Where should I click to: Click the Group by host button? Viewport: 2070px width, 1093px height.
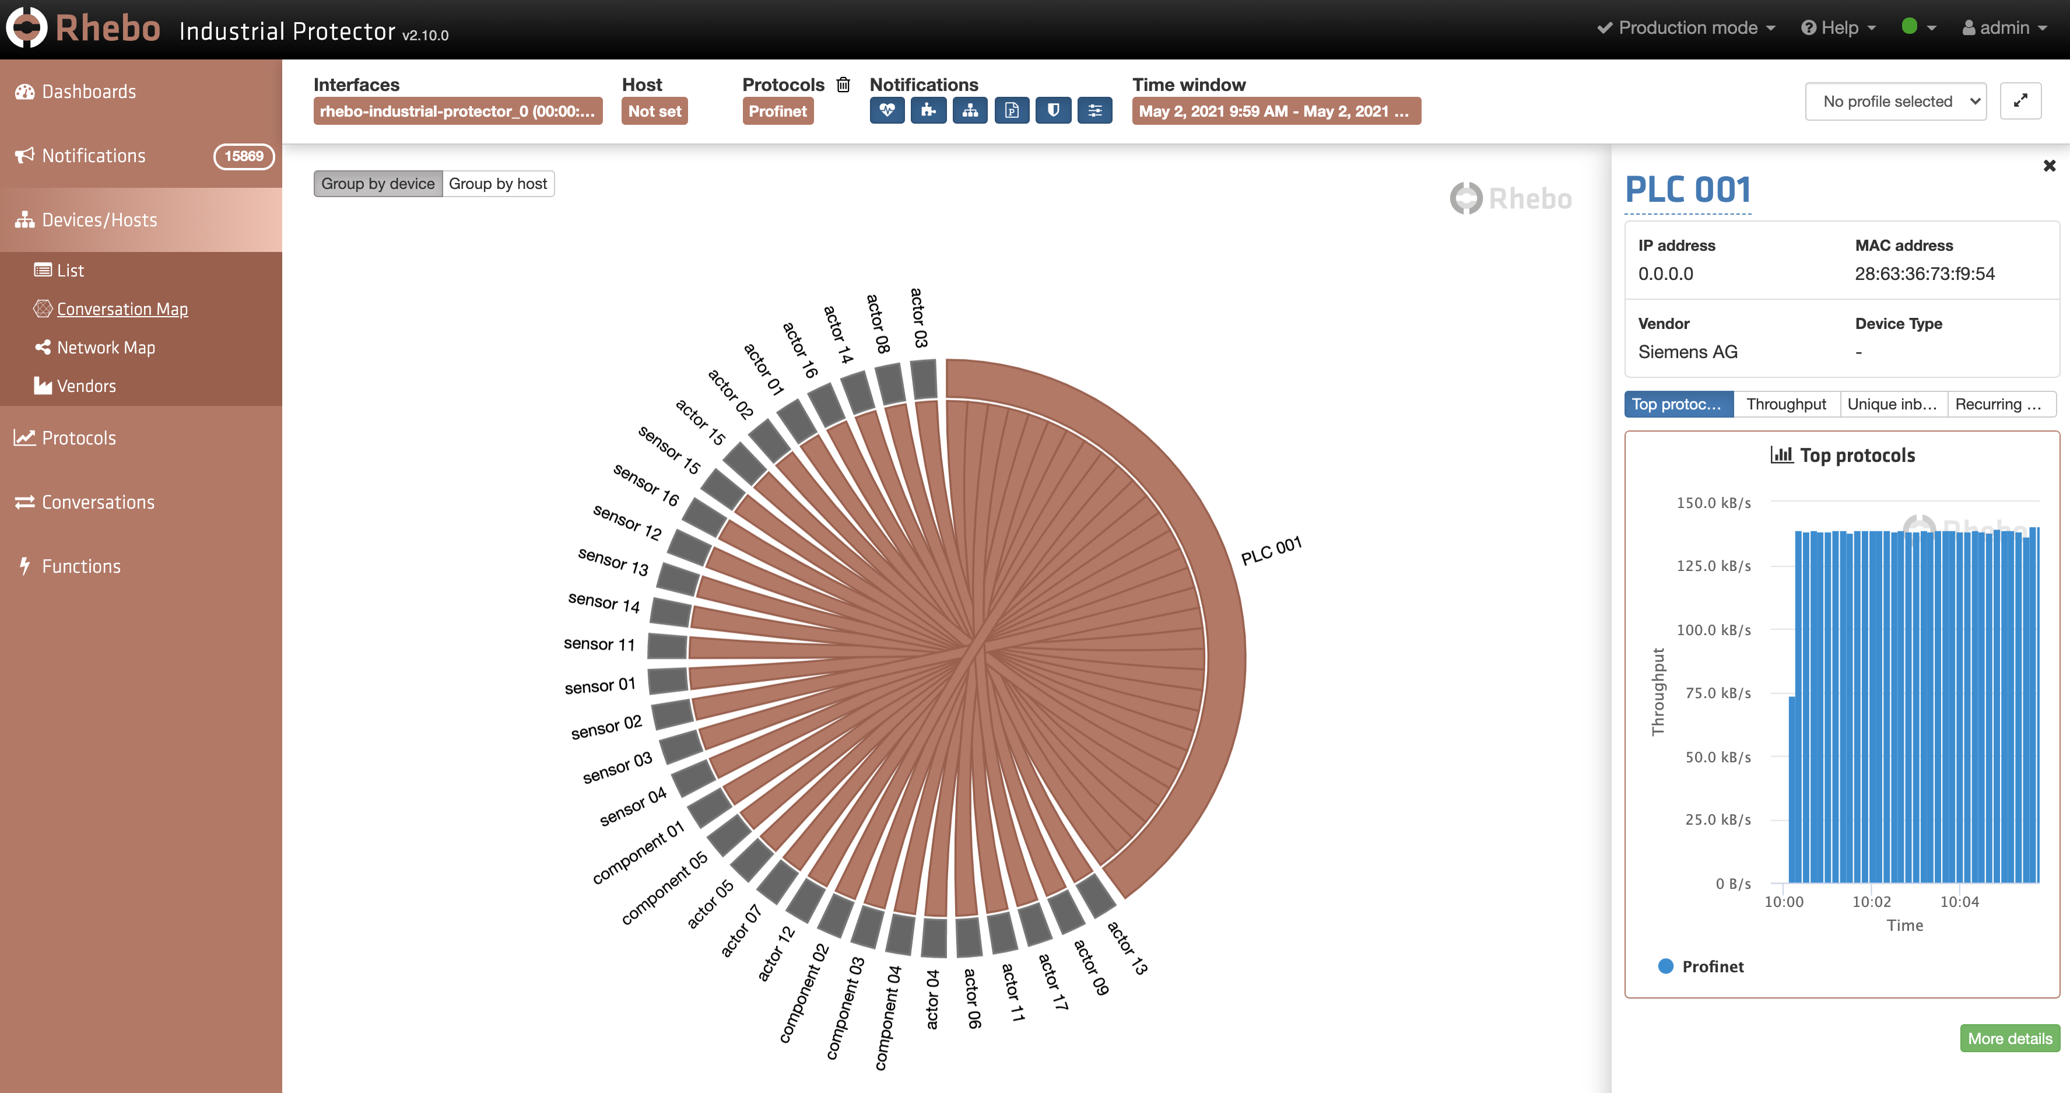497,184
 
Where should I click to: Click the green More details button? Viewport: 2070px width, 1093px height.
2009,1038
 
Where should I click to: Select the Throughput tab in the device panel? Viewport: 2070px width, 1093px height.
1785,404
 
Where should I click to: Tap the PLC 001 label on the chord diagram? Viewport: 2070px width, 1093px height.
1271,551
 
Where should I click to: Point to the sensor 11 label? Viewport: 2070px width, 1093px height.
599,644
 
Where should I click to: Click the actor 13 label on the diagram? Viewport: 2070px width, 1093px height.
1127,948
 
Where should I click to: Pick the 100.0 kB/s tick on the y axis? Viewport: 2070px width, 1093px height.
1713,630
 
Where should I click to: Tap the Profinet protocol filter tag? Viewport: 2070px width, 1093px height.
777,111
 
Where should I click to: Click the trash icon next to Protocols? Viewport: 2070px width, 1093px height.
843,85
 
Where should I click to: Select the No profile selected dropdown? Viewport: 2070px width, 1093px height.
1895,101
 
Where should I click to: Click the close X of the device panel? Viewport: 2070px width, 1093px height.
2049,166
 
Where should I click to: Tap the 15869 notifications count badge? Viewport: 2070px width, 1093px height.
244,156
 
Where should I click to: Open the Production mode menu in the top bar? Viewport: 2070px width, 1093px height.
1686,28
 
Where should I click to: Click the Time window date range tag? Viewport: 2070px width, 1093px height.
1275,111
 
